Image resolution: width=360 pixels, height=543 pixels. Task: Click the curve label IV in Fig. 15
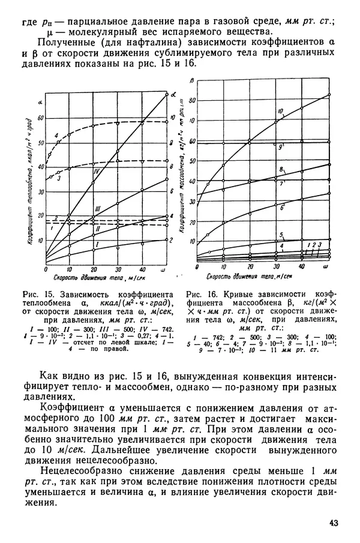click(95, 172)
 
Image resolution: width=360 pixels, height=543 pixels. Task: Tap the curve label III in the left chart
click(96, 208)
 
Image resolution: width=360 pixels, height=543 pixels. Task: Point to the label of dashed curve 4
click(56, 136)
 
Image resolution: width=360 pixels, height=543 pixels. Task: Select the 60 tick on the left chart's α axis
click(41, 118)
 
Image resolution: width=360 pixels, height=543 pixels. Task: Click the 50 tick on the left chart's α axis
click(41, 143)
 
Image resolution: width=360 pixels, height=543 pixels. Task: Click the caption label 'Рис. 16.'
click(200, 294)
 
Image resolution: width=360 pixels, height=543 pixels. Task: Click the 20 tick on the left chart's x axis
click(93, 269)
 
